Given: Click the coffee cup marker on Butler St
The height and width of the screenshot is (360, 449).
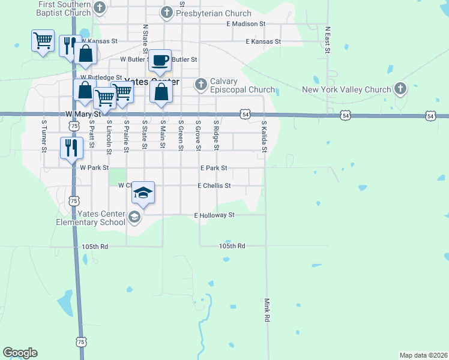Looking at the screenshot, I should (x=160, y=60).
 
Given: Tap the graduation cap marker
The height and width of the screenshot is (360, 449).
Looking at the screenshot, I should (x=143, y=192).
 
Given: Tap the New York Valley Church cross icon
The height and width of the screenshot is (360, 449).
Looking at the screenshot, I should (x=400, y=90).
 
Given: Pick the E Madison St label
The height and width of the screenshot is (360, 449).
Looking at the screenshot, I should (x=246, y=23).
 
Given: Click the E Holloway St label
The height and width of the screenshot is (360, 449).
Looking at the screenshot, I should (x=214, y=215).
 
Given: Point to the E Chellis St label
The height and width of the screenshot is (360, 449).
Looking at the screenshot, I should (x=214, y=186).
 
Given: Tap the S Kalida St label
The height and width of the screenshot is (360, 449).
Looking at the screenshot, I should (x=264, y=136).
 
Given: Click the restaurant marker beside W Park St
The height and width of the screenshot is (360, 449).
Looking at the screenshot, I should (x=71, y=148).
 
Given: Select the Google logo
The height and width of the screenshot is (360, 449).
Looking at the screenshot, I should (x=20, y=353).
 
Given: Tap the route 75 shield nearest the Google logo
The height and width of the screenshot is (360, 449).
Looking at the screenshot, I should (x=81, y=341).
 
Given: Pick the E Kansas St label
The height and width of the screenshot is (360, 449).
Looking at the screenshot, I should (x=264, y=41).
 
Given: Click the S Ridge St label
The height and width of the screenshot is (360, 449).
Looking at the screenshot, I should (x=216, y=136).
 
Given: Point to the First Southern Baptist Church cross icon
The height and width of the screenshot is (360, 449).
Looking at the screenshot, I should (x=100, y=8).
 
